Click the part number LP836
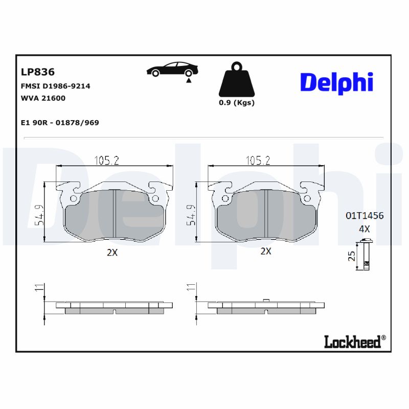[x=37, y=72]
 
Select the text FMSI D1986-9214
[x=55, y=86]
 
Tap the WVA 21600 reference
[x=43, y=98]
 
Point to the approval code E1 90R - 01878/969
[x=59, y=123]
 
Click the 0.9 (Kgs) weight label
[x=236, y=102]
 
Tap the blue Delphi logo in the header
[x=336, y=82]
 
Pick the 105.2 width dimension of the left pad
[x=106, y=161]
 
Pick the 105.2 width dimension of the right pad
[x=258, y=161]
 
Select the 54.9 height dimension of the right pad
[x=191, y=215]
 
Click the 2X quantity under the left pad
[x=112, y=252]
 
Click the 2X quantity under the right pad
[x=265, y=251]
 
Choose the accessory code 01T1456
[x=364, y=216]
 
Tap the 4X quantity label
[x=364, y=229]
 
